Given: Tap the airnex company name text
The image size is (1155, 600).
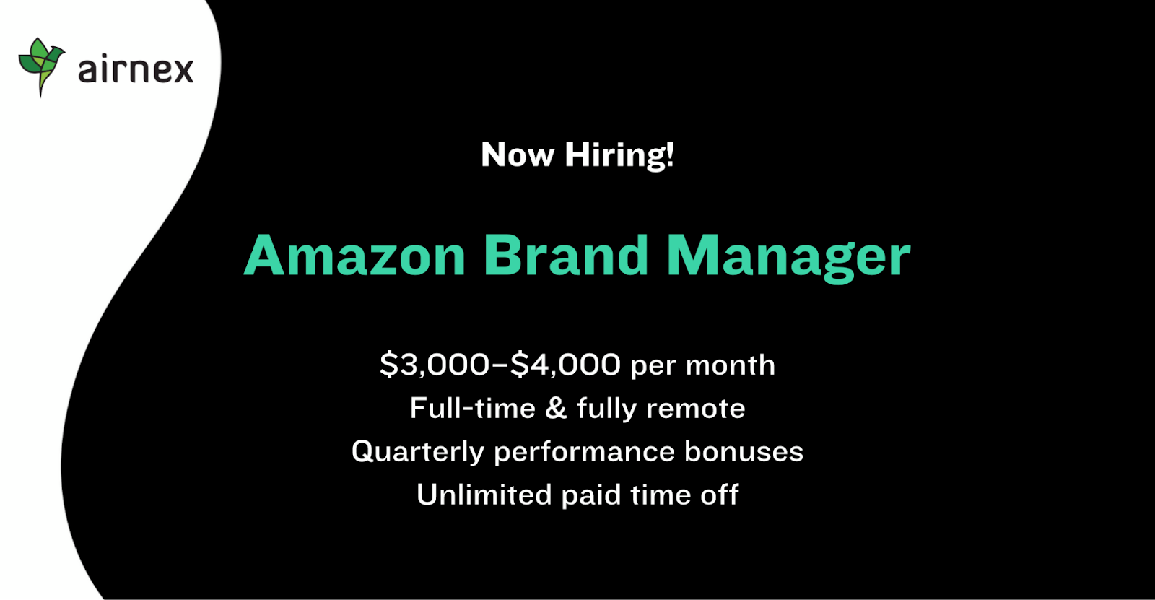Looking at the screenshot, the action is click(x=136, y=69).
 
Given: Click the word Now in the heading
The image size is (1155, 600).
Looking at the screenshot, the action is click(x=518, y=155).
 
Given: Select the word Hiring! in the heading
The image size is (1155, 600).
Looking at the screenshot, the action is click(x=619, y=155).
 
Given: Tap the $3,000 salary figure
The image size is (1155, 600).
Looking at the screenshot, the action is click(x=434, y=364).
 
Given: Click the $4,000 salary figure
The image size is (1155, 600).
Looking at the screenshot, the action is click(x=566, y=364).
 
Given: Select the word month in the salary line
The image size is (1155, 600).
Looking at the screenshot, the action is click(x=730, y=365).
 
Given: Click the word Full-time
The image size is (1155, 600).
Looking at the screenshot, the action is click(x=473, y=408).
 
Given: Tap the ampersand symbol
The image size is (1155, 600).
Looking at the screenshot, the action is click(x=556, y=408).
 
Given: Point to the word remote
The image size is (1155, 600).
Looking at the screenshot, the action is click(x=696, y=409).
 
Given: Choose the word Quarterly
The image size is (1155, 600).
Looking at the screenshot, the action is click(x=418, y=452).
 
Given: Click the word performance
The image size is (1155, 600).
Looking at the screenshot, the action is click(x=584, y=453).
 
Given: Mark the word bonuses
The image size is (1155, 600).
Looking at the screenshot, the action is click(x=744, y=451).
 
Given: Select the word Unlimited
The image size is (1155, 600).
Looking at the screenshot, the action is click(x=484, y=495).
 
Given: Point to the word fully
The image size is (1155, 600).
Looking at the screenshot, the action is click(x=607, y=409).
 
